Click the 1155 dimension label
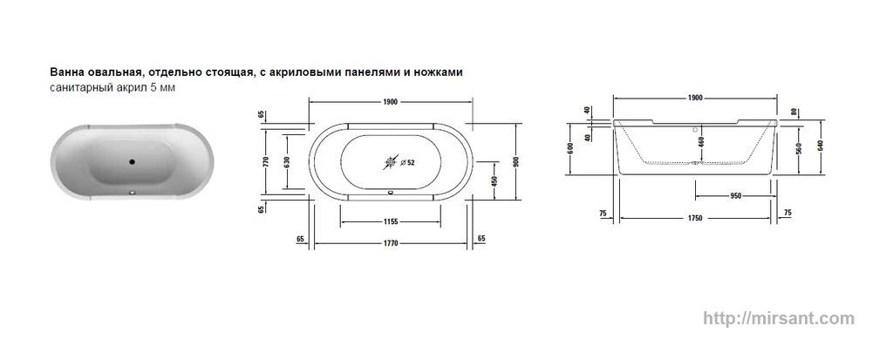coord(390,221)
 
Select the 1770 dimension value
coord(390,243)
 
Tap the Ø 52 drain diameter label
coord(408,162)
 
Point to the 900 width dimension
coord(516,161)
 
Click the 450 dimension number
coord(495,181)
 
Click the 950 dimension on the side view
coord(735,196)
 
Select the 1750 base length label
coord(694,218)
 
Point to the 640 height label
coord(821,146)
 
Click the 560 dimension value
coord(799,149)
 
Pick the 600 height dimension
coord(570,148)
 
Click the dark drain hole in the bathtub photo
coord(133,161)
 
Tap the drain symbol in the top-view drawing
coord(391,162)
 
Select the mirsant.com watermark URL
coord(779,318)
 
